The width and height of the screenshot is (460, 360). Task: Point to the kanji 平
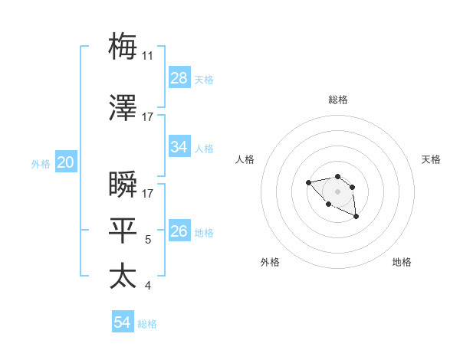click(123, 230)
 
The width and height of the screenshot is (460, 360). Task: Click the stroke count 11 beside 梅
click(148, 56)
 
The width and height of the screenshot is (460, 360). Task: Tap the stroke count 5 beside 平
click(149, 240)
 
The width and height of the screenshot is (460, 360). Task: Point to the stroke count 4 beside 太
click(148, 286)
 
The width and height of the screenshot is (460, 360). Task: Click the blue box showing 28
click(179, 78)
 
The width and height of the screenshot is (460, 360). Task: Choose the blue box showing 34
click(179, 147)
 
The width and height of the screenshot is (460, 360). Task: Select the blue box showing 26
click(179, 231)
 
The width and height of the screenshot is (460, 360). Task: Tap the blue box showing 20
click(66, 162)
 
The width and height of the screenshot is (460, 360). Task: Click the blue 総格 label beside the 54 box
click(147, 324)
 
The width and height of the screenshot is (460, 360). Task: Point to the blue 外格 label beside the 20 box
click(41, 163)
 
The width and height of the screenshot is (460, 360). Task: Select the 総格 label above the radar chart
click(337, 100)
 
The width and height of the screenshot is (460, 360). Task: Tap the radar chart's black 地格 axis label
click(402, 262)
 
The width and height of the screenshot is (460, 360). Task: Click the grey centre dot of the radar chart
click(337, 191)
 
